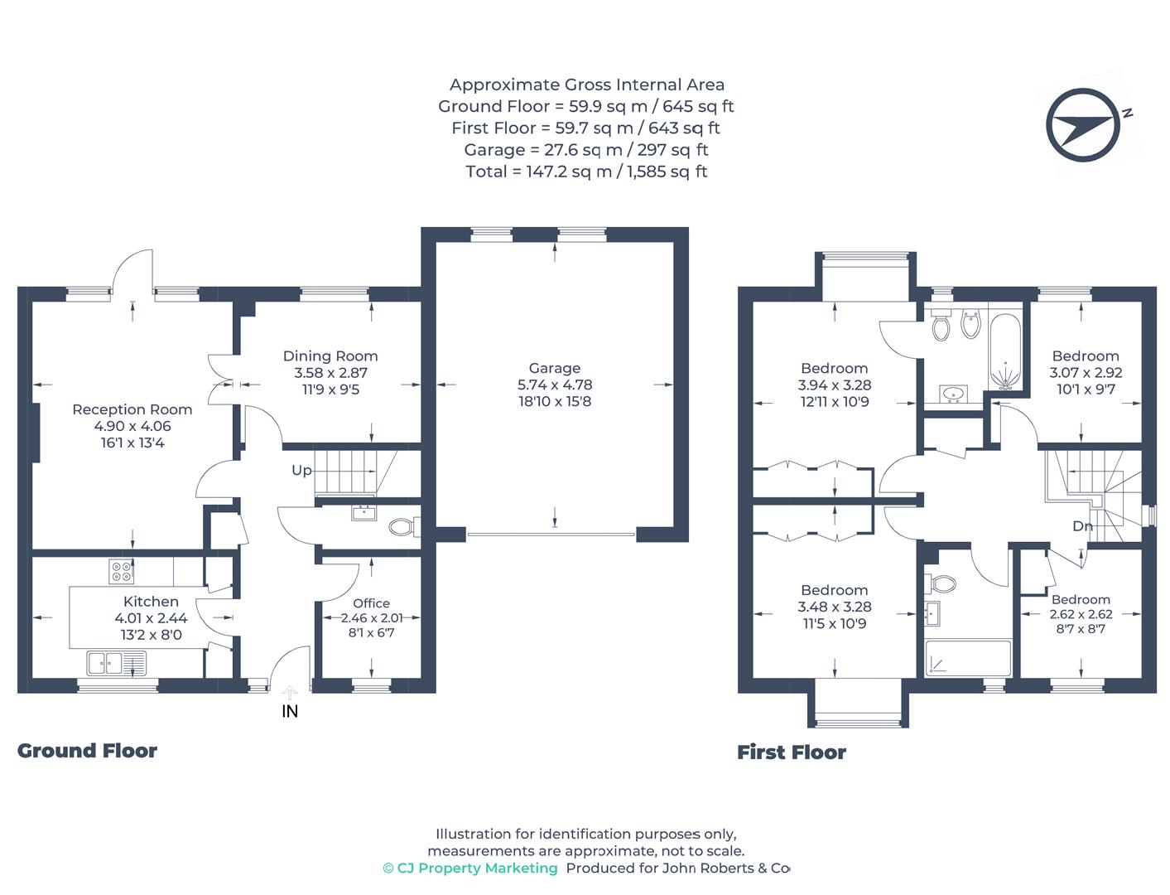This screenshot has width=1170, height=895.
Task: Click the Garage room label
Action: tap(554, 368)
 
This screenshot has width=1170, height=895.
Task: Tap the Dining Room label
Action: tap(330, 356)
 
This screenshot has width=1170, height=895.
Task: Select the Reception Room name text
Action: tap(132, 409)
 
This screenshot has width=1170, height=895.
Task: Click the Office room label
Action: tap(371, 603)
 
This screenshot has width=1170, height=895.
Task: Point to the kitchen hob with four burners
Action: tap(121, 571)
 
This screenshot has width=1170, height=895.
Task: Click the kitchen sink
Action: tap(116, 664)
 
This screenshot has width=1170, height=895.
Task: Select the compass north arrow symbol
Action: tap(1082, 125)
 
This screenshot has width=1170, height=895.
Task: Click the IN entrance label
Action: tap(290, 712)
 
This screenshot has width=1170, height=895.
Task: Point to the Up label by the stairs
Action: tap(301, 471)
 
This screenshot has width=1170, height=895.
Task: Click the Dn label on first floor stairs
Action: tap(1082, 526)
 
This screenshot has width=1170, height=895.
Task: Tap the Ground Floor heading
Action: tap(88, 751)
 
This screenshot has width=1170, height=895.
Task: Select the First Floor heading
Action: tap(792, 752)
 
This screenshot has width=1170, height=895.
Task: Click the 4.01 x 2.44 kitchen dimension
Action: tap(151, 618)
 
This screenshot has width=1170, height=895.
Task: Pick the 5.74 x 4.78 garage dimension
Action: tap(554, 385)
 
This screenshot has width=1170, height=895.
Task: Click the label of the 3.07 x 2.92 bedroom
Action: tap(1086, 356)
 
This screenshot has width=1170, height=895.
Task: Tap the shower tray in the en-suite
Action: tap(968, 659)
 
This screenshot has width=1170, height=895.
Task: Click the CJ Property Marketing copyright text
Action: tap(470, 868)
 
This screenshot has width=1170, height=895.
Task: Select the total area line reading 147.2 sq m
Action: tap(586, 172)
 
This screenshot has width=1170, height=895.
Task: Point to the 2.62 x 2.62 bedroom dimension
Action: tap(1081, 614)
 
